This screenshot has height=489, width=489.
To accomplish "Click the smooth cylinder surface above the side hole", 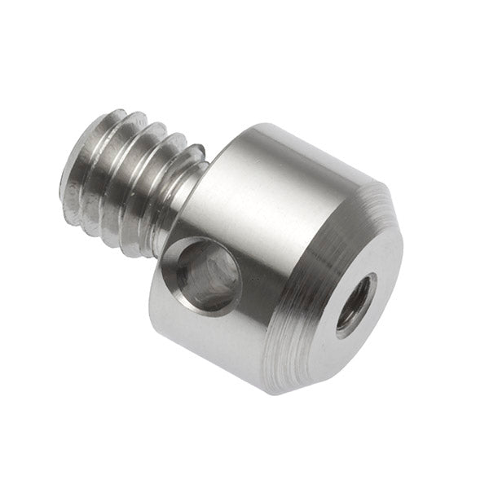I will (x=244, y=196).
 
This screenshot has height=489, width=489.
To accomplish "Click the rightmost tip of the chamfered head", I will (x=403, y=244).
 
